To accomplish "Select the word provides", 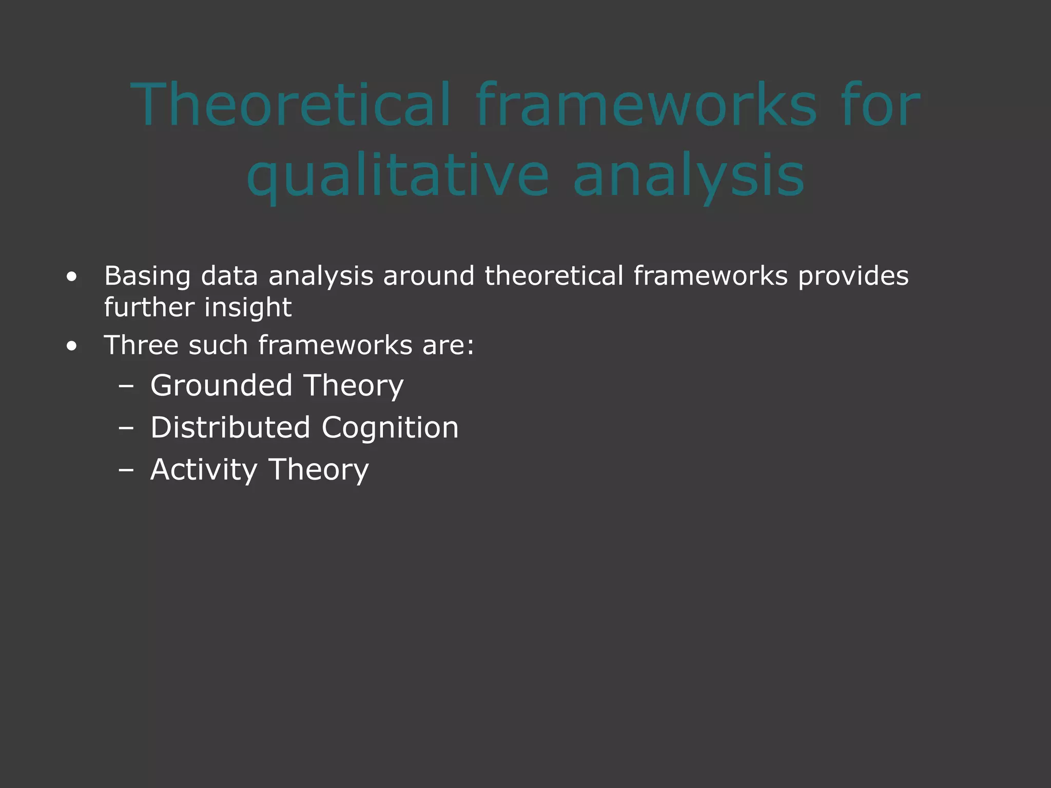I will (853, 276).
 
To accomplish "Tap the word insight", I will (248, 308).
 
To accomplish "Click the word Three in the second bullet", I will (141, 345).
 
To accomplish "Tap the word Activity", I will (204, 469).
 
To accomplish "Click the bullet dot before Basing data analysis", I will (72, 278).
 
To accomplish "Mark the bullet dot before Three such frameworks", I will (72, 347).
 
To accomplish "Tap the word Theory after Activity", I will (319, 469).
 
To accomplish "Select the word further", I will (149, 308).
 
